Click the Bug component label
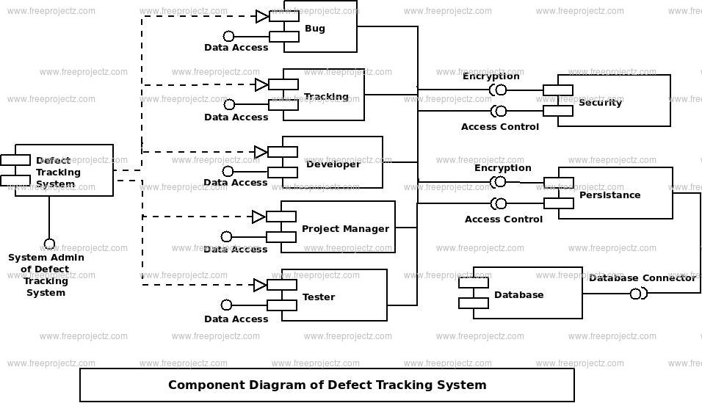click(315, 29)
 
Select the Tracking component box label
click(326, 97)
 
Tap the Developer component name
click(333, 164)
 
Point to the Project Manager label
click(345, 229)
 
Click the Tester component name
click(318, 297)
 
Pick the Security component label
click(600, 103)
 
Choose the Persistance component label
click(609, 195)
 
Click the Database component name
click(519, 294)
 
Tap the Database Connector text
click(643, 278)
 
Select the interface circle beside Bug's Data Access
click(228, 36)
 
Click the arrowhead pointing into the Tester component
click(260, 285)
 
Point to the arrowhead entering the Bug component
click(262, 17)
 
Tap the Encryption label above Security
click(491, 76)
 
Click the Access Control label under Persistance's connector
click(503, 219)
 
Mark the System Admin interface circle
click(49, 244)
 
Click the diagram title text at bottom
click(328, 385)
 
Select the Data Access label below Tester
click(236, 319)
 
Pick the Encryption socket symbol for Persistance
click(498, 182)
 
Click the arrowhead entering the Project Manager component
click(258, 217)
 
